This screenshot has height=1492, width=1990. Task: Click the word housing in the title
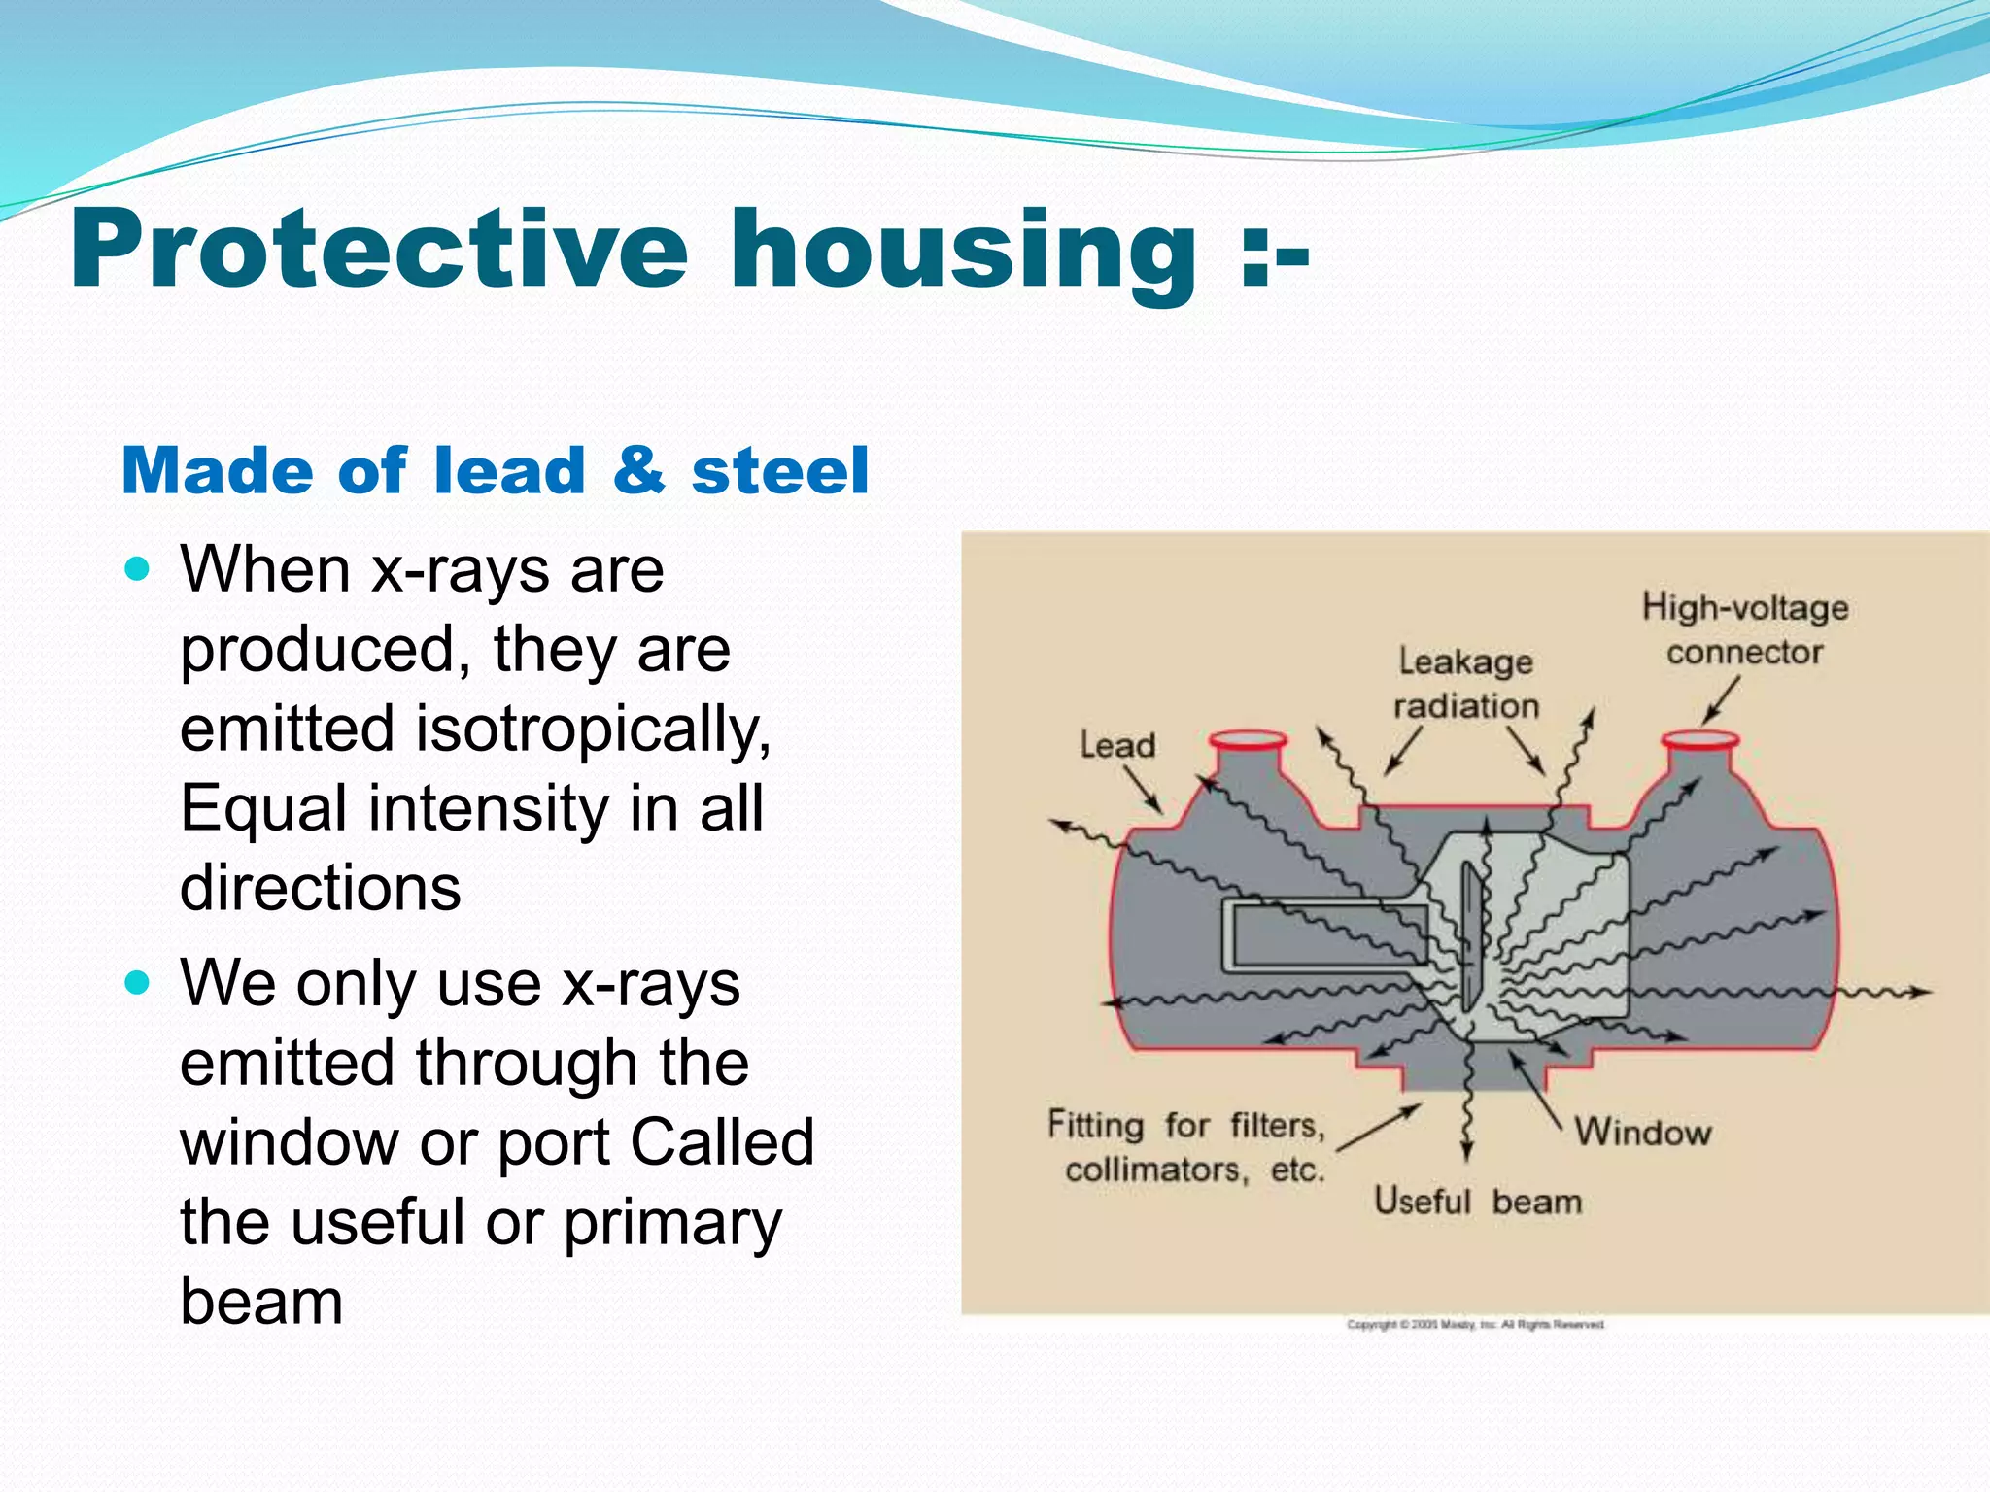(962, 253)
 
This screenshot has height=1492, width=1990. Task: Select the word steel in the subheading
(779, 471)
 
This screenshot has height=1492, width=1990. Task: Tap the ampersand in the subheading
(638, 470)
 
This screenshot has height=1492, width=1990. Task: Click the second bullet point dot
(139, 983)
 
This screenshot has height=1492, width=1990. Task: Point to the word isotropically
(593, 729)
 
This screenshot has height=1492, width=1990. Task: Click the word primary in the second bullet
(672, 1222)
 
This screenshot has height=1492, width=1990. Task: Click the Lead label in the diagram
(1117, 746)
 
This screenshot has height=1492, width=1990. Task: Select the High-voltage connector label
(1745, 629)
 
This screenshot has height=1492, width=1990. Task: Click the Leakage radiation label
(1465, 683)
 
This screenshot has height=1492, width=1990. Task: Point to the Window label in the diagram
(1642, 1133)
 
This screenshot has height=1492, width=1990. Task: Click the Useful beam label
(1477, 1203)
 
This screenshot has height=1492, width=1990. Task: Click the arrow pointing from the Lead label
(1144, 789)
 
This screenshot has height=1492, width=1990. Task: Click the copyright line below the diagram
(1475, 1325)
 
